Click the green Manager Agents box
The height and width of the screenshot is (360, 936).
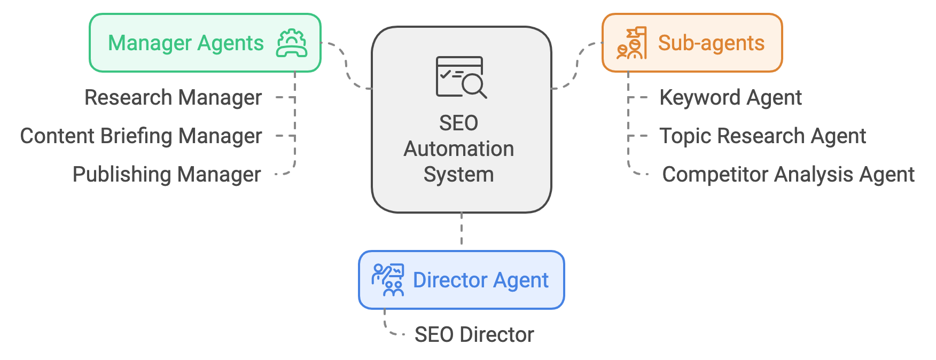coord(205,43)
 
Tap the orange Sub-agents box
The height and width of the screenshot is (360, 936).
coord(692,43)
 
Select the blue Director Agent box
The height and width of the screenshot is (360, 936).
coord(462,280)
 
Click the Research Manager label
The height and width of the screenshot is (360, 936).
coord(173,98)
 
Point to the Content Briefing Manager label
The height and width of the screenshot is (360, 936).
coord(141,136)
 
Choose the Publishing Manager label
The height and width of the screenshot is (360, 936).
coord(167,175)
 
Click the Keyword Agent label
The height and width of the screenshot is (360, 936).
coord(730,98)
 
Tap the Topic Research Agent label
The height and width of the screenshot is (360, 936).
coord(762,136)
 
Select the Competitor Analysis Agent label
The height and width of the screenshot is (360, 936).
coord(788,175)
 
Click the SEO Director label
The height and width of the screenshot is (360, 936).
coord(474,335)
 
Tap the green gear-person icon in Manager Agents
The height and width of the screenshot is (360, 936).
coord(292,43)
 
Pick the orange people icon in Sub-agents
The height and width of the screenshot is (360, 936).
coord(631,43)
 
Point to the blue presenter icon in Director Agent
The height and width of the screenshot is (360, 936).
coord(388,280)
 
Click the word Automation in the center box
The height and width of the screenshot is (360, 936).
coord(458,149)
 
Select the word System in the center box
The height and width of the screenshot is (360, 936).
coord(458,175)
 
